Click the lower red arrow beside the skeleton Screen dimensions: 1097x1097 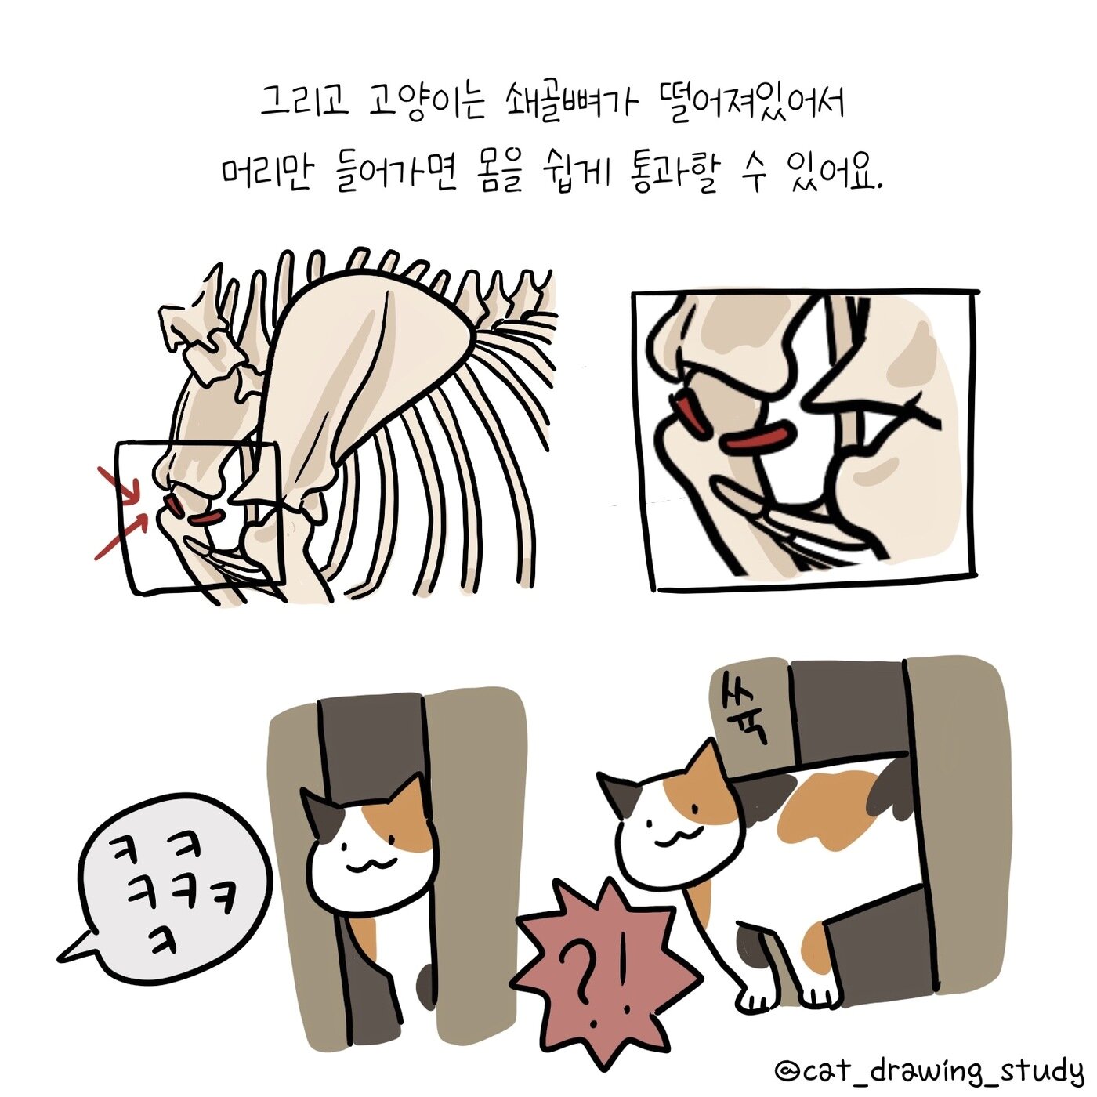click(121, 537)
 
